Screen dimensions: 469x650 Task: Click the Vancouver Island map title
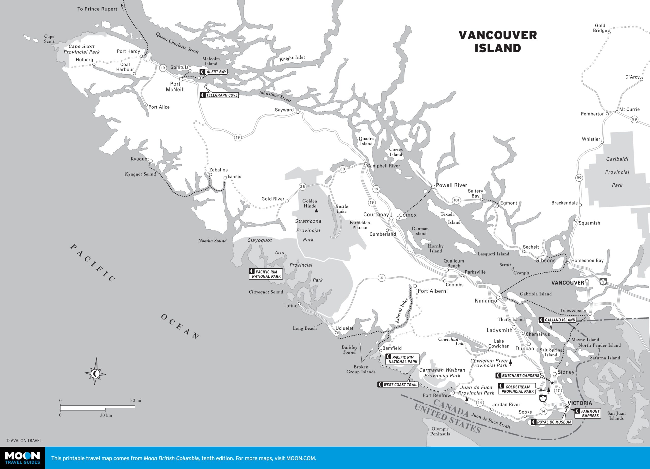(x=498, y=42)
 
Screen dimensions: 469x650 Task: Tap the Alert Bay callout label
(x=214, y=72)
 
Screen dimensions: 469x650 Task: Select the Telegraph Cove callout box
(x=219, y=95)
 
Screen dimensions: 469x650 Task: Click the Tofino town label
(x=291, y=306)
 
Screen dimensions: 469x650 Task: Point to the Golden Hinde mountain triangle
(x=316, y=211)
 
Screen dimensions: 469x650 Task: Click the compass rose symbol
(x=95, y=374)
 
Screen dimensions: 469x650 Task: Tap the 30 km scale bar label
(x=106, y=415)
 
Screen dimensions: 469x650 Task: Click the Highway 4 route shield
(x=381, y=278)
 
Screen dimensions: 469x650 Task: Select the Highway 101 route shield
(x=456, y=200)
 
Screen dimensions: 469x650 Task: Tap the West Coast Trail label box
(x=398, y=385)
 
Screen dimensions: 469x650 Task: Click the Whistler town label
(x=591, y=139)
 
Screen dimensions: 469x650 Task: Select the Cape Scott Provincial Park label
(x=82, y=49)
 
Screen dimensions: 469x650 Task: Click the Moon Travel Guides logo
(x=22, y=458)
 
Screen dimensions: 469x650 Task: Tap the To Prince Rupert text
(x=97, y=9)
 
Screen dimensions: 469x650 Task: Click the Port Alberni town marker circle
(x=415, y=286)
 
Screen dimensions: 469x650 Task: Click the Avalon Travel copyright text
(x=24, y=441)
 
